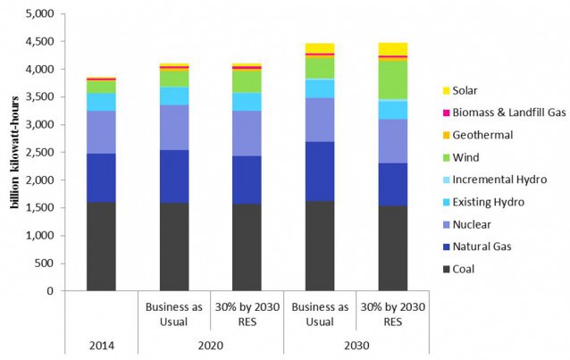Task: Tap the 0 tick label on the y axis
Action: [x=51, y=291]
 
